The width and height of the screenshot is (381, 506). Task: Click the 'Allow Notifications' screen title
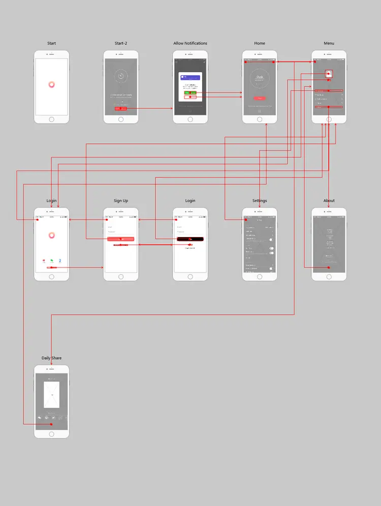click(x=190, y=43)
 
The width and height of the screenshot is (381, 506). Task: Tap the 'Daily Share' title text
click(x=51, y=358)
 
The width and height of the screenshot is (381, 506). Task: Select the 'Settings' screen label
click(x=260, y=201)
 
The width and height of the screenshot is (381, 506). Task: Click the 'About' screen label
click(x=329, y=201)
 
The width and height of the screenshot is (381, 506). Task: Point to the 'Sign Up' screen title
click(x=121, y=201)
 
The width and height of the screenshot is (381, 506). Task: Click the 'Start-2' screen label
click(x=121, y=43)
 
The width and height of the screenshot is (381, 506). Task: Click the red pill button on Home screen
click(x=260, y=98)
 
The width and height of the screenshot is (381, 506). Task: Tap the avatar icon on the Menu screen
click(x=329, y=74)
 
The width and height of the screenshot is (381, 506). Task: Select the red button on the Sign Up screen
click(x=121, y=239)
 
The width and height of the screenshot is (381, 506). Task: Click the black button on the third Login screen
click(x=190, y=239)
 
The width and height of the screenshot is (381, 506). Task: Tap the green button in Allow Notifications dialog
click(x=190, y=93)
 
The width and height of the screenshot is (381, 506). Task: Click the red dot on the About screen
click(x=329, y=267)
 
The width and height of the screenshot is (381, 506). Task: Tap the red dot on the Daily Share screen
click(x=51, y=424)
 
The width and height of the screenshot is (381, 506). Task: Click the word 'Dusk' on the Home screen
click(x=260, y=77)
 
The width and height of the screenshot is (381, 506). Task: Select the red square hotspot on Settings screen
click(x=246, y=220)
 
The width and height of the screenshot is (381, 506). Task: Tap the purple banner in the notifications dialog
click(x=190, y=78)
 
